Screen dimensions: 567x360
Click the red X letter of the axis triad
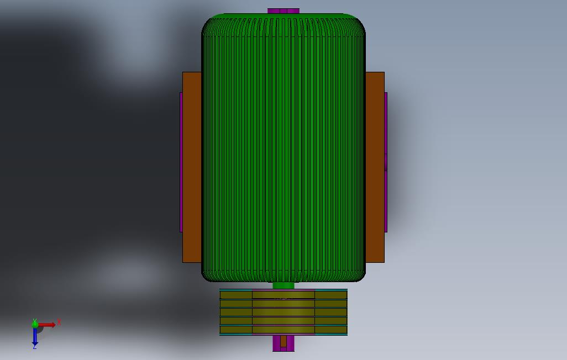click(59, 322)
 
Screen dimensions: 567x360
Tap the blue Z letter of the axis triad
click(35, 347)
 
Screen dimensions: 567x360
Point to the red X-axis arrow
click(47, 325)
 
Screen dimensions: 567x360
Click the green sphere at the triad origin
click(35, 324)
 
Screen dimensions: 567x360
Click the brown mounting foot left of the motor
click(192, 167)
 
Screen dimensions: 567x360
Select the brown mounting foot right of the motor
click(375, 167)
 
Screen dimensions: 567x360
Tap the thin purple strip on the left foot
click(181, 162)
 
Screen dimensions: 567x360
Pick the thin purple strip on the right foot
click(386, 162)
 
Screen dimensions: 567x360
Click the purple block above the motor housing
click(283, 11)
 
